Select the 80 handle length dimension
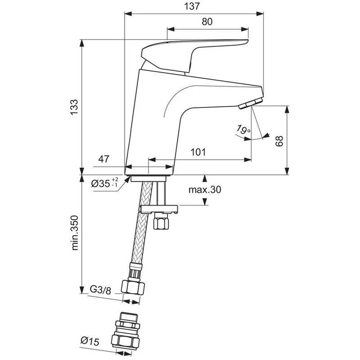[207, 21]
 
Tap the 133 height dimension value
[75, 107]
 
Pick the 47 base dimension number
[104, 159]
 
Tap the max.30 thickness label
[205, 190]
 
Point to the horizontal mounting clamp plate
[158, 209]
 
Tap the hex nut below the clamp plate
[161, 221]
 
